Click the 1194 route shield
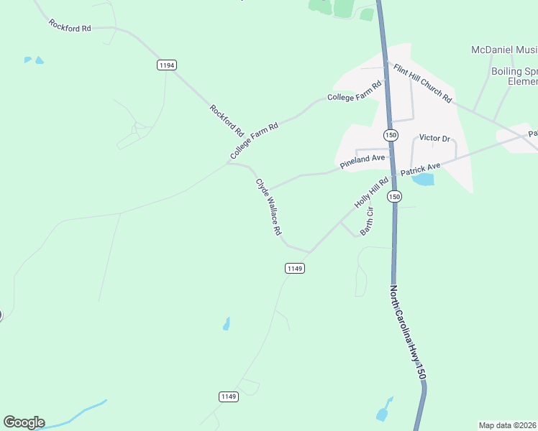click(x=166, y=65)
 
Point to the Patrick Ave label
click(x=420, y=170)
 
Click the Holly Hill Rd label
click(x=371, y=193)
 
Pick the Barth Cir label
click(x=367, y=221)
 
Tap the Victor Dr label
click(x=434, y=138)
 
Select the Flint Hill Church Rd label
click(x=422, y=82)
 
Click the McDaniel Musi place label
click(x=504, y=50)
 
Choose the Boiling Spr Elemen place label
click(x=514, y=77)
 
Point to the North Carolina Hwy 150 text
click(x=408, y=333)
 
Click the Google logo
click(x=24, y=422)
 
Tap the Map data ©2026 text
click(x=508, y=425)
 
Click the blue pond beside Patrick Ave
click(x=424, y=179)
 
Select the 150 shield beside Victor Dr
click(x=391, y=135)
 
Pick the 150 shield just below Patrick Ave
click(x=394, y=196)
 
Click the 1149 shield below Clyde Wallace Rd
click(x=295, y=268)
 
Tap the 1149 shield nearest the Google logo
click(x=228, y=397)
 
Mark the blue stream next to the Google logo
click(x=79, y=414)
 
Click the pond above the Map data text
click(x=383, y=411)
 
